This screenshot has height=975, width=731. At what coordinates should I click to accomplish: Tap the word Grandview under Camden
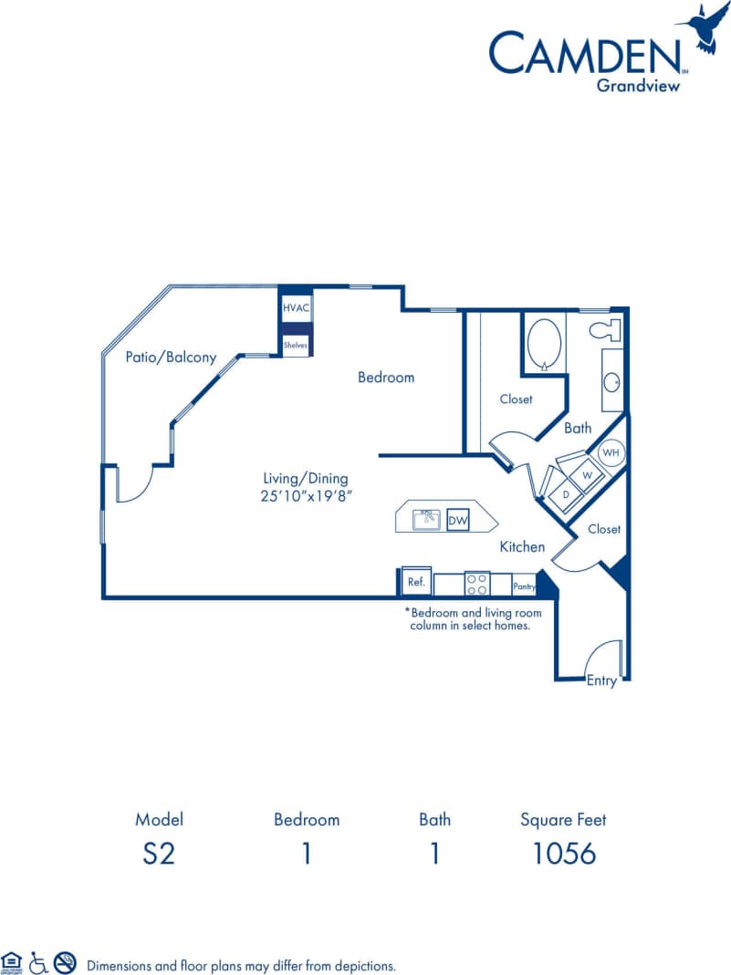(638, 87)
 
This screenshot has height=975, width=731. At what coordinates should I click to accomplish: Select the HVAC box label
(296, 308)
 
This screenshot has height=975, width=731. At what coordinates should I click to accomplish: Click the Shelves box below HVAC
(296, 346)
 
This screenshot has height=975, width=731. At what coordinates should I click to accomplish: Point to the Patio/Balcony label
(171, 358)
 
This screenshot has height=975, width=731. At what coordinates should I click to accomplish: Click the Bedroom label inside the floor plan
(385, 377)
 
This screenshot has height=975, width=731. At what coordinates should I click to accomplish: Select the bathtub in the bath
(545, 344)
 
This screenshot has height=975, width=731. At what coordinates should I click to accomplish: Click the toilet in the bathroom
(606, 329)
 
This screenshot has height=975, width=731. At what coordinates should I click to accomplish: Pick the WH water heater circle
(611, 452)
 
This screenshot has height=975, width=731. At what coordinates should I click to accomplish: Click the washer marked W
(588, 474)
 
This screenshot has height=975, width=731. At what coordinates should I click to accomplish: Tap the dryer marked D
(566, 493)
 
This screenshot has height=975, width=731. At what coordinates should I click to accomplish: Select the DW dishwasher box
(457, 521)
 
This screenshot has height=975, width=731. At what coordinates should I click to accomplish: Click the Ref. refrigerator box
(416, 582)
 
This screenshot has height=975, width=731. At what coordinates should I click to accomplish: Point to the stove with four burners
(476, 584)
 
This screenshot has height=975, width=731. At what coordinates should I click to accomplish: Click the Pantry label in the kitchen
(524, 587)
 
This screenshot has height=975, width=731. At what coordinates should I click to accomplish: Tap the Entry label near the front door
(601, 680)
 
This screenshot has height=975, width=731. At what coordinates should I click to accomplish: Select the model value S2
(159, 853)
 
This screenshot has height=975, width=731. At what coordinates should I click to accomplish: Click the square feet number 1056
(563, 853)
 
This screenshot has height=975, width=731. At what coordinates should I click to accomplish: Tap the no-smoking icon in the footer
(65, 961)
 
